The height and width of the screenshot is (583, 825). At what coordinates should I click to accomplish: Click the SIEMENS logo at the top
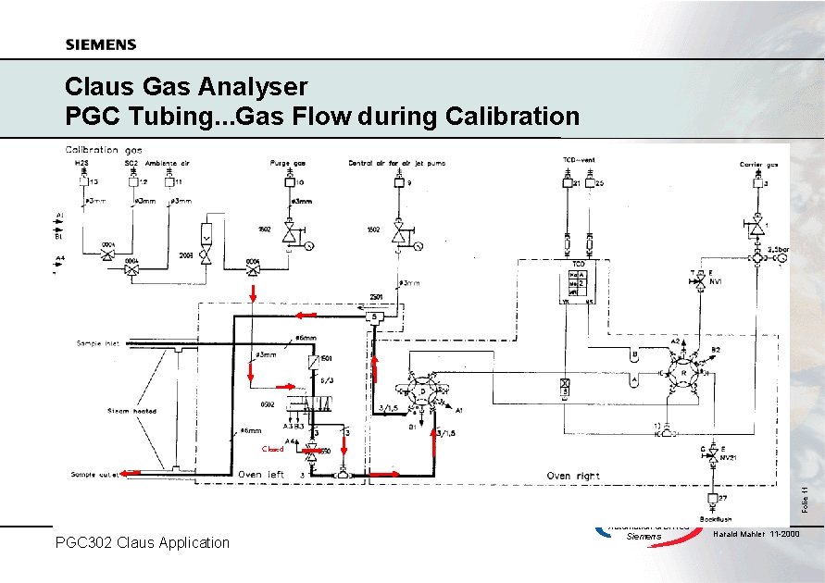coord(101,44)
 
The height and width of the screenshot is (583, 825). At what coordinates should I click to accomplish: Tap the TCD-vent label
coord(579,160)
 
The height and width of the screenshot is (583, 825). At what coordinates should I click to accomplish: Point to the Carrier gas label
coord(757,164)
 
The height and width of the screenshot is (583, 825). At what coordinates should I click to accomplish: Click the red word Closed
coord(272,449)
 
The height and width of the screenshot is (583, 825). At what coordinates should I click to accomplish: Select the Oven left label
coord(261,474)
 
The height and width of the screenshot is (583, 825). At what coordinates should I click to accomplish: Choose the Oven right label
coord(572,475)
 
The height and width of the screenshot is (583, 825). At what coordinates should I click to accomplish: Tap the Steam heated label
coord(131,410)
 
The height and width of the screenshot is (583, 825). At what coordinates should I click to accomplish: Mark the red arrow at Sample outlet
coord(131,473)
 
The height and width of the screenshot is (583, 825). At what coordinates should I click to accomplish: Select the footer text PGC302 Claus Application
coord(143,542)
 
